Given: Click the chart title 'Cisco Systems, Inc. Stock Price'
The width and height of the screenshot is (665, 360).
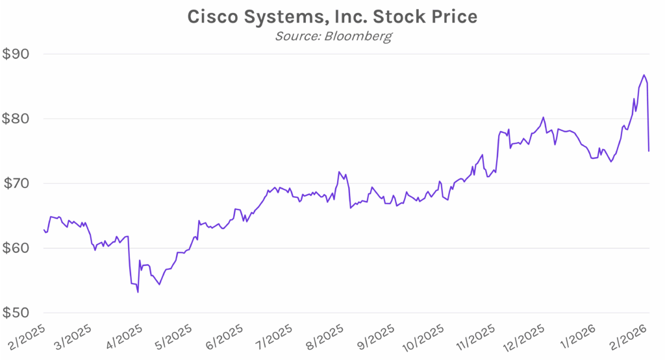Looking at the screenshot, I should pyautogui.click(x=332, y=17).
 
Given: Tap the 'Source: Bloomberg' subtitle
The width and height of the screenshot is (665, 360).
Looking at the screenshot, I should pyautogui.click(x=332, y=36).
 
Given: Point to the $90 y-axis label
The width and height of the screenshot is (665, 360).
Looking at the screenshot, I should pyautogui.click(x=18, y=54).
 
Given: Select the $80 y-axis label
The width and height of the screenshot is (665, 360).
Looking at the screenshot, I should pyautogui.click(x=18, y=119).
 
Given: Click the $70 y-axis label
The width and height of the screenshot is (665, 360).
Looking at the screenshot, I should pyautogui.click(x=18, y=184).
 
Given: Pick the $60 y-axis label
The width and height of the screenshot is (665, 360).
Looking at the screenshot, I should pyautogui.click(x=18, y=248).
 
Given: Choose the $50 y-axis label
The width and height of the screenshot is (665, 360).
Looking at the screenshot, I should pyautogui.click(x=18, y=313).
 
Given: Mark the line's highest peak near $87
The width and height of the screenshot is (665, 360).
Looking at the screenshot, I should pyautogui.click(x=644, y=75).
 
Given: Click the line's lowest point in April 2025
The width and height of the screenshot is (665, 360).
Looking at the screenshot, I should pyautogui.click(x=138, y=293).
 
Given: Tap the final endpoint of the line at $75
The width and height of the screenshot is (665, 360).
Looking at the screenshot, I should pyautogui.click(x=649, y=151).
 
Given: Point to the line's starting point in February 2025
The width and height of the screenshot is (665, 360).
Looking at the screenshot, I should pyautogui.click(x=44, y=230).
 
